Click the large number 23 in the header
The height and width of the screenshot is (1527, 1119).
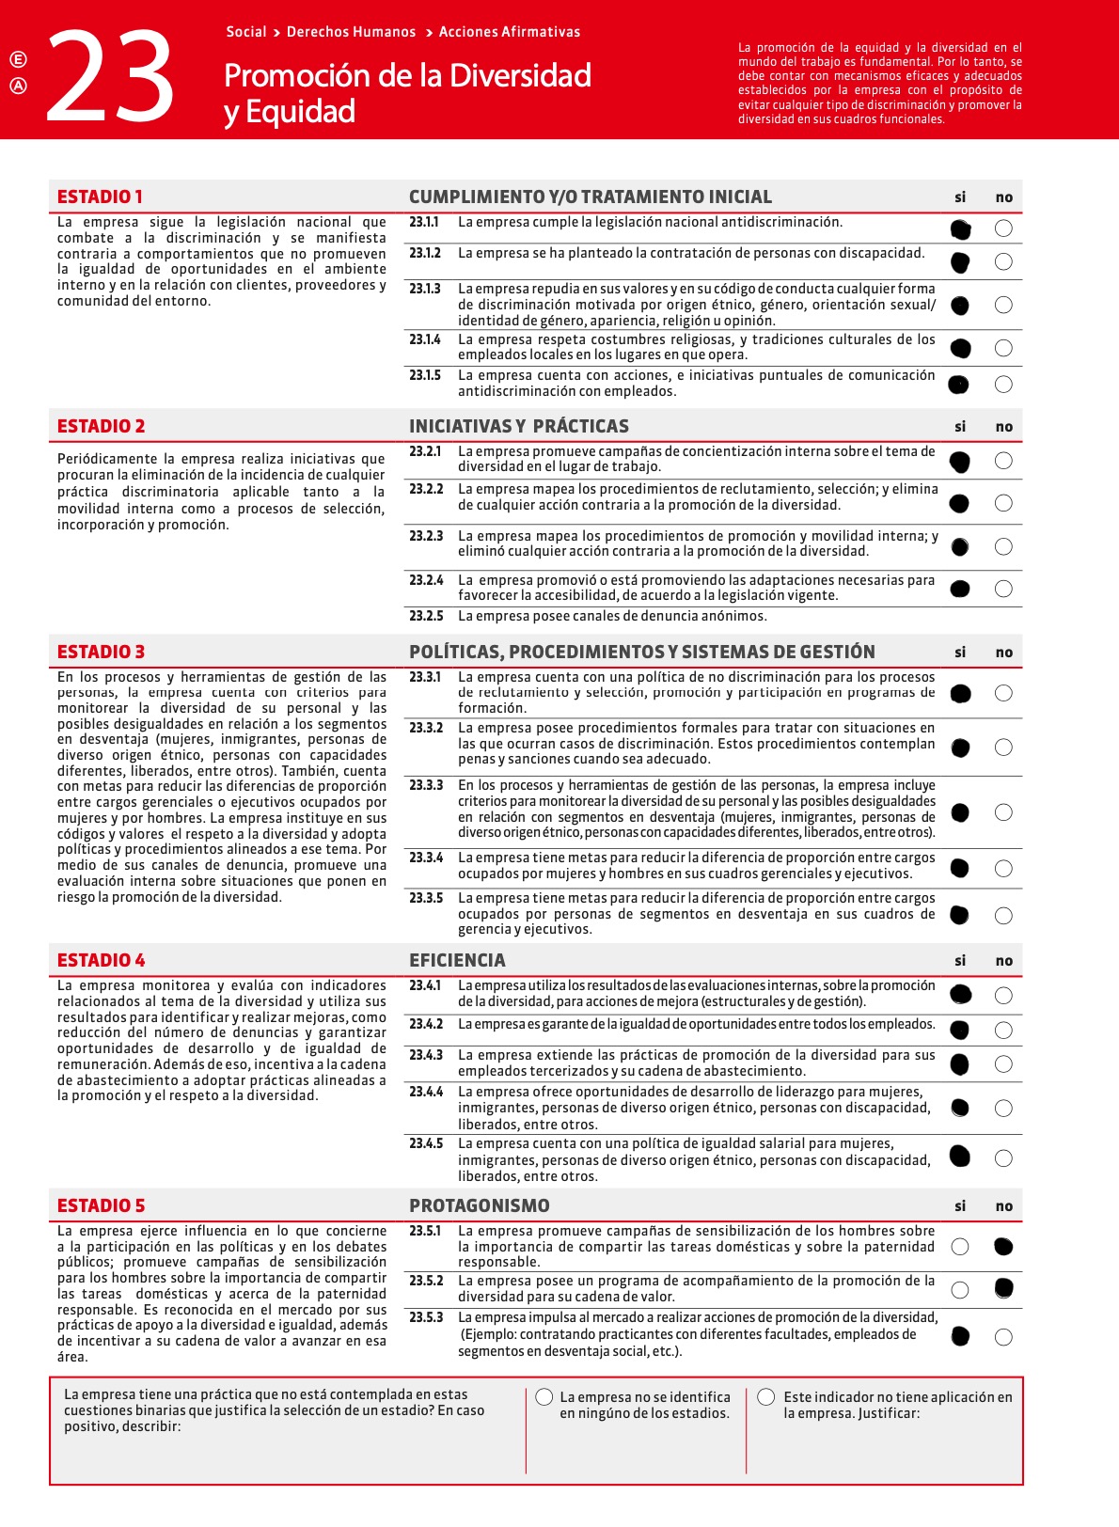click(110, 78)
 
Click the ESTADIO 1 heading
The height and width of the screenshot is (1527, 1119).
click(100, 197)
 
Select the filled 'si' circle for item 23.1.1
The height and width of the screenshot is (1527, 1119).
click(960, 229)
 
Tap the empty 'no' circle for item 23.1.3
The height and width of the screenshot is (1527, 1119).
click(1003, 305)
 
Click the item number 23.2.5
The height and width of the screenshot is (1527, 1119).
click(426, 616)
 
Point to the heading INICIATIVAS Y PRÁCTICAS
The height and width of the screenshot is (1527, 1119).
click(518, 426)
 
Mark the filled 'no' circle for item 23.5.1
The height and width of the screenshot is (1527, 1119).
click(1003, 1247)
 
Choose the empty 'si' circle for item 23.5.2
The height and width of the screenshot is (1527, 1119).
click(959, 1289)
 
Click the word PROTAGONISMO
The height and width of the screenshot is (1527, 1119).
click(479, 1205)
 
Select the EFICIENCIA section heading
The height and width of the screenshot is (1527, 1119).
click(457, 960)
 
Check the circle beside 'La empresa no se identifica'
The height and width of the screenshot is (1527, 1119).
click(544, 1397)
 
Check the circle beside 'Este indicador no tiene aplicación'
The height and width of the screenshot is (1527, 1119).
click(766, 1397)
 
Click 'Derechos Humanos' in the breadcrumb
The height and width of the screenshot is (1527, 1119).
click(351, 32)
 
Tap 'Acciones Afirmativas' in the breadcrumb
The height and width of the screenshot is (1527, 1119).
click(510, 32)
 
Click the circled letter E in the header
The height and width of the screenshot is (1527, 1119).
click(18, 59)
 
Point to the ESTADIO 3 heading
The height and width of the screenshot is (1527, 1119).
click(101, 652)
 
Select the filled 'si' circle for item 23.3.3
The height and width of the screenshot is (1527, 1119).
click(960, 812)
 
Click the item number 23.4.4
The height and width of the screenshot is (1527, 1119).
click(426, 1092)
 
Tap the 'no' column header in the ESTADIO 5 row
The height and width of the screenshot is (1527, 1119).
click(1003, 1206)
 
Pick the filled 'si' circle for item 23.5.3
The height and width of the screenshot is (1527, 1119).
click(960, 1336)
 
